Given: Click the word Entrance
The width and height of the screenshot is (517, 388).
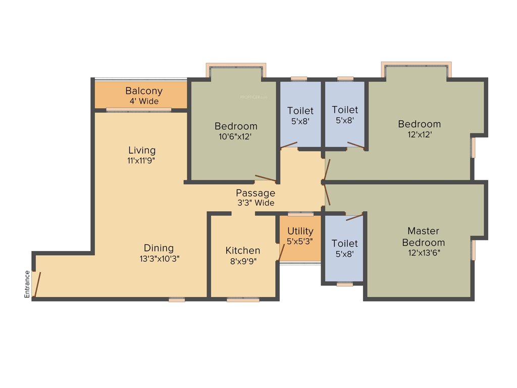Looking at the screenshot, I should (x=27, y=284).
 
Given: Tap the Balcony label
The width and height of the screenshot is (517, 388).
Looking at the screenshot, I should (x=144, y=91).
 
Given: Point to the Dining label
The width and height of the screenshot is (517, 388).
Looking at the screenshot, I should (x=159, y=248).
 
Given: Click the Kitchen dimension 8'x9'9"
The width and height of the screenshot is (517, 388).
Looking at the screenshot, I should (x=243, y=261).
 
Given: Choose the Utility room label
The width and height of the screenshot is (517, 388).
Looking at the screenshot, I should (x=300, y=231).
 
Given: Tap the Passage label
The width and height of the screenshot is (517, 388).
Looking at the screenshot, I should (x=255, y=193).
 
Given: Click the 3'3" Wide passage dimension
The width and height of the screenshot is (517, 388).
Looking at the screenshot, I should (x=255, y=203).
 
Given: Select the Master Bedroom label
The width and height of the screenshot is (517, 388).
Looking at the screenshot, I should (x=423, y=236).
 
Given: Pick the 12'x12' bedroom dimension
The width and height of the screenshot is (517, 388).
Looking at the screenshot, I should (x=419, y=135).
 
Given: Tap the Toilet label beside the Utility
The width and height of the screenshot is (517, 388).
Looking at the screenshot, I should (x=345, y=244).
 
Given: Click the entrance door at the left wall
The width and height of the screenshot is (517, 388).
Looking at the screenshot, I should (x=37, y=284).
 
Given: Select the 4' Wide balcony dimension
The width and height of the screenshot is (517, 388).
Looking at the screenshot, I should (x=144, y=102).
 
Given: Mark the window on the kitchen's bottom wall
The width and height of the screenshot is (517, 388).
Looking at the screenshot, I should (x=243, y=300).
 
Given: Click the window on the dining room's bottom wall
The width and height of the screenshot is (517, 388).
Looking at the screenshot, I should (x=177, y=300).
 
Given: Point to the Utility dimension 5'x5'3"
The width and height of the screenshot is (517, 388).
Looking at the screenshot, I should (x=300, y=241).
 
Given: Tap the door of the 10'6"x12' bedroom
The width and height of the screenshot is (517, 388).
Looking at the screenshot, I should (x=266, y=177).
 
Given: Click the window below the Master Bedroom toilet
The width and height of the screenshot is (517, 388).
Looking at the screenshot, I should (x=345, y=284).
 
